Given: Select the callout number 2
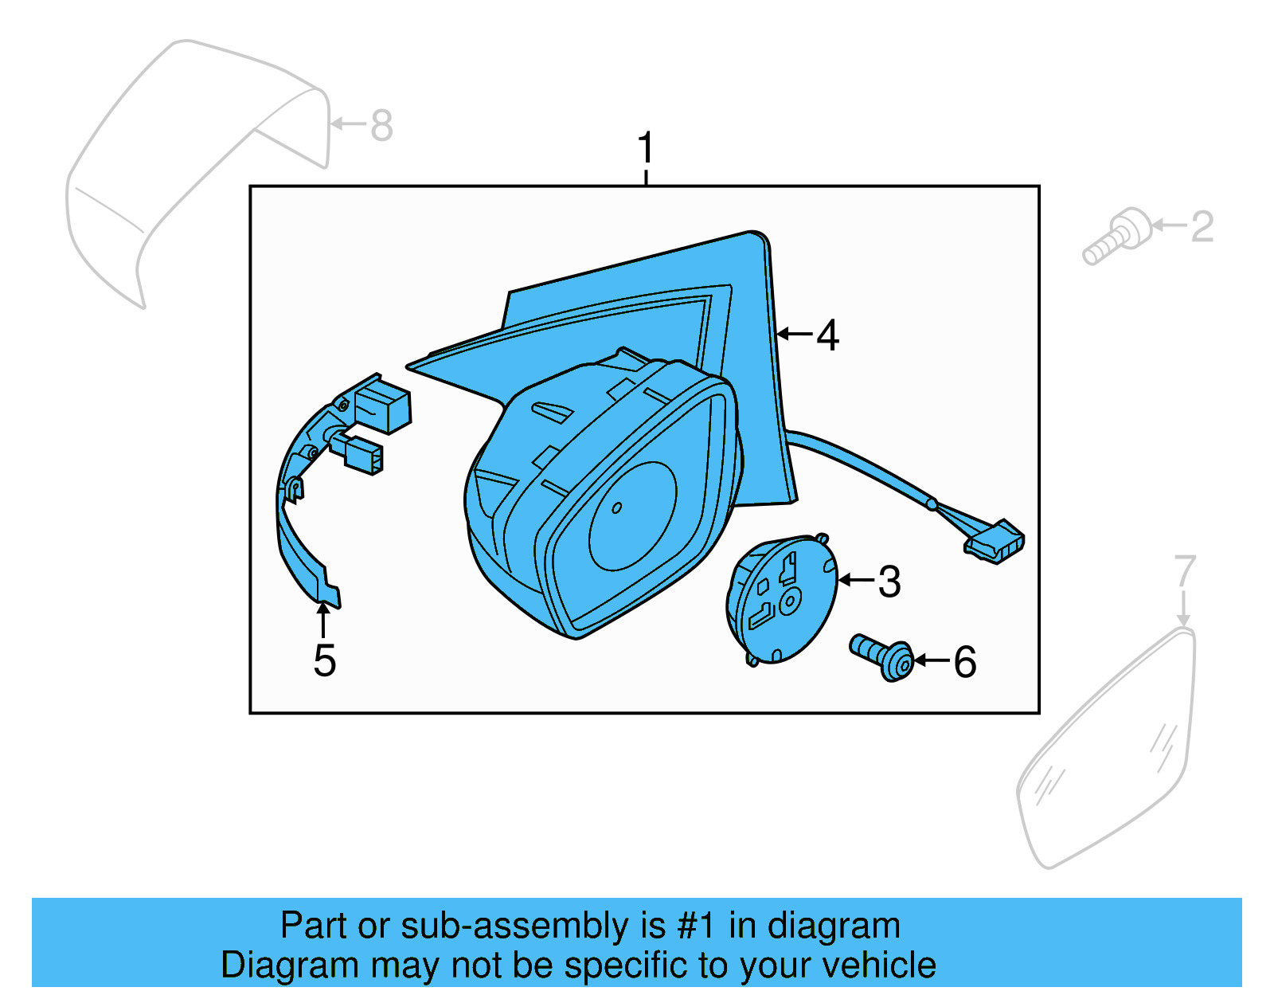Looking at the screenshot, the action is [1202, 226].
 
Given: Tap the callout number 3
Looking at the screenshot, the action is [889, 582].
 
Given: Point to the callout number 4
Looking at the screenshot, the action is [828, 335].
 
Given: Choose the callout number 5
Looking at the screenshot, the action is [324, 660].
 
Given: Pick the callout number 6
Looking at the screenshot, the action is [965, 661].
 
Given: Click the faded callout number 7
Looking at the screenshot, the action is [1184, 571].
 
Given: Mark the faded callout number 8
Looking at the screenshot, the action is [381, 125].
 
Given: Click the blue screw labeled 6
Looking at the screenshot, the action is [881, 657].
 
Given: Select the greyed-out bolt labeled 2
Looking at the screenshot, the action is [1117, 236].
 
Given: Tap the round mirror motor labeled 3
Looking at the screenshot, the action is [782, 599].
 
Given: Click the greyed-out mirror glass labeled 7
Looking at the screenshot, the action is [1106, 748].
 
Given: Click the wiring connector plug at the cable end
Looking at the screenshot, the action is [995, 541].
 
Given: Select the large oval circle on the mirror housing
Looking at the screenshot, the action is [632, 516].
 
